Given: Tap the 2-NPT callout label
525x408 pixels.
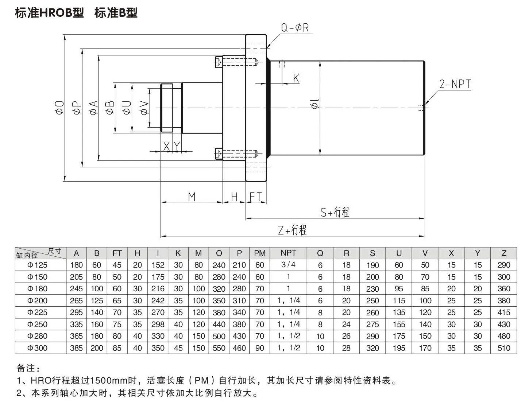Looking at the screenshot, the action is pyautogui.click(x=455, y=84).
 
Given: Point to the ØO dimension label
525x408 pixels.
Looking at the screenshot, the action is pyautogui.click(x=59, y=108).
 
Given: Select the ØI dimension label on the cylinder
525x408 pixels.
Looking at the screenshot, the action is pyautogui.click(x=315, y=104).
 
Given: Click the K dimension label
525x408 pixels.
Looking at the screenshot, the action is pyautogui.click(x=296, y=78).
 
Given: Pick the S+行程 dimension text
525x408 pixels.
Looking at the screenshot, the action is pyautogui.click(x=335, y=212).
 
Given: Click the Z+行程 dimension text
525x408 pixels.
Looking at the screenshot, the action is pyautogui.click(x=292, y=230).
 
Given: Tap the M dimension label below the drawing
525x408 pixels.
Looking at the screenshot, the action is pyautogui.click(x=192, y=197).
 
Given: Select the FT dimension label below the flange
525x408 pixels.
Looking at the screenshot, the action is pyautogui.click(x=256, y=197).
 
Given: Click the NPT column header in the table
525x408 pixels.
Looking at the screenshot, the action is pyautogui.click(x=288, y=253).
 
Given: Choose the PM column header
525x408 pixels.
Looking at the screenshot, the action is pyautogui.click(x=259, y=253).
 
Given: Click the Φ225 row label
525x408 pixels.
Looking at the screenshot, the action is pyautogui.click(x=38, y=312).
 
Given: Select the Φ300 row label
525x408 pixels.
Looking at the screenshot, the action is pyautogui.click(x=38, y=348).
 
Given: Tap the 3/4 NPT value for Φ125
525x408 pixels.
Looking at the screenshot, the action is pyautogui.click(x=288, y=265).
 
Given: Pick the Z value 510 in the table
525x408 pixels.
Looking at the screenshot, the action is pyautogui.click(x=504, y=348).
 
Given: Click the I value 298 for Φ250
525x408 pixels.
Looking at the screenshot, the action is pyautogui.click(x=158, y=324).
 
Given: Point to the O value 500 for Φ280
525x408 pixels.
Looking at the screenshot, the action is pyautogui.click(x=219, y=336).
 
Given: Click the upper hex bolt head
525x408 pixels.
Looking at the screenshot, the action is pyautogui.click(x=219, y=62).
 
